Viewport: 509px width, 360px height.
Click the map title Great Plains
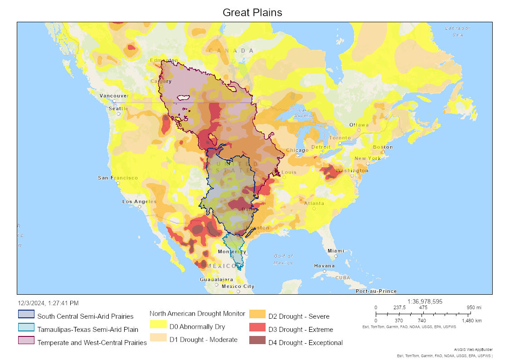click(252, 13)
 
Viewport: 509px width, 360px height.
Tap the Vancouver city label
click(114, 96)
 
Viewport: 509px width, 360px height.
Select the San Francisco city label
click(118, 178)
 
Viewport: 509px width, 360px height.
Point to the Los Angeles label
click(139, 201)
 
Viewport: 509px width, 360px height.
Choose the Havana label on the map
click(325, 266)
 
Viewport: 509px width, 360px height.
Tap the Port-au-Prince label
click(376, 291)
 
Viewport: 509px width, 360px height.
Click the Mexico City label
click(238, 286)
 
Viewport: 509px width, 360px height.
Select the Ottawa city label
click(359, 125)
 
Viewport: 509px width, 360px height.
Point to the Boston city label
click(383, 147)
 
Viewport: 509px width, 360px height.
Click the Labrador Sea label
click(457, 31)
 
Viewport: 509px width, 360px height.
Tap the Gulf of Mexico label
click(284, 259)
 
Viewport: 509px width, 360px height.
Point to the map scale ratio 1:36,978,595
click(425, 301)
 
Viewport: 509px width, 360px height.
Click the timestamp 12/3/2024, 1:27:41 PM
click(48, 303)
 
